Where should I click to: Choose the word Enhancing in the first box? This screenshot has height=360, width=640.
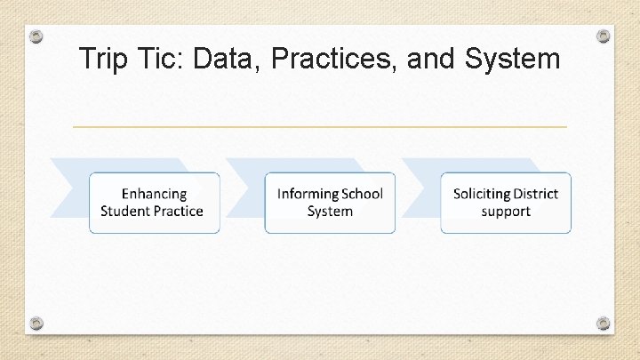coord(154,194)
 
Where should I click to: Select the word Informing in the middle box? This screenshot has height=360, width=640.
coord(308,194)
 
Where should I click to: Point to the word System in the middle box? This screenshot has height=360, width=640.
coord(330,212)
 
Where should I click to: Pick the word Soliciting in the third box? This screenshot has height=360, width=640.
coord(482,194)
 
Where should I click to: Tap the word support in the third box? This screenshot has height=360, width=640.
coord(506,212)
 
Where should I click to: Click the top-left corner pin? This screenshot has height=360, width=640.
coord(36,36)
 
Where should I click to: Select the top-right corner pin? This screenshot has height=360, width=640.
coord(604,36)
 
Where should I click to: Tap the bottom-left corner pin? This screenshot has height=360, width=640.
coord(36,323)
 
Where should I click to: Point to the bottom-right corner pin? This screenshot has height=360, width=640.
coord(604,323)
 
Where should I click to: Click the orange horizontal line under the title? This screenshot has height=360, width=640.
coord(319,127)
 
